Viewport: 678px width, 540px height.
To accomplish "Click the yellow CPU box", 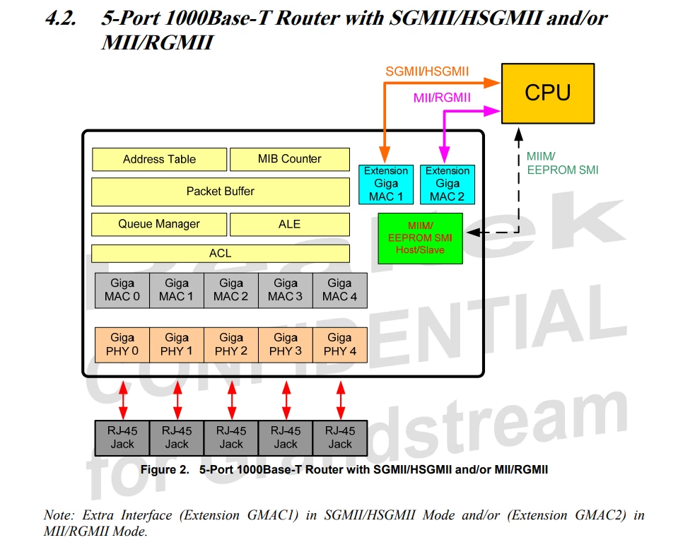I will (547, 93).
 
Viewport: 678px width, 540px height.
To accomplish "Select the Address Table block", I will (159, 159).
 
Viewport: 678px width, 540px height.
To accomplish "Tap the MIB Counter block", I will (289, 159).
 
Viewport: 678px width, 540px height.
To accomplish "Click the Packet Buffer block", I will (220, 192).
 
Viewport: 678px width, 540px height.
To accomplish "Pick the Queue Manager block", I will (159, 224).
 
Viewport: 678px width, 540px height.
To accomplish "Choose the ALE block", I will (289, 224).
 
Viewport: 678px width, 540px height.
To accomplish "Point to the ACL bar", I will (220, 253).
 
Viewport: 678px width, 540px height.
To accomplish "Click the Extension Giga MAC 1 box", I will (386, 184).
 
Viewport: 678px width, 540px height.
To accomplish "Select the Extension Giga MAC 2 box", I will (447, 184).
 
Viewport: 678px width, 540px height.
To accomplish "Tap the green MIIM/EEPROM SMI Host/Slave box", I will (420, 238).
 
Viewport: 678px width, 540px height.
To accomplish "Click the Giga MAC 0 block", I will (122, 290).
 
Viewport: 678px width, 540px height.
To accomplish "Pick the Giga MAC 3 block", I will (285, 290).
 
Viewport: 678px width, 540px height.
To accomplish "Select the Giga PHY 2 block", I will (231, 344).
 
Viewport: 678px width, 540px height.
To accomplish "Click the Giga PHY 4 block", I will (339, 344).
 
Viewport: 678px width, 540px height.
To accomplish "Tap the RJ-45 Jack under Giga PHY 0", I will (122, 438).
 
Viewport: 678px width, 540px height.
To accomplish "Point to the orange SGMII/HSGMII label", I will (427, 71).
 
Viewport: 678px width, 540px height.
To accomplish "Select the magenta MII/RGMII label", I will (442, 98).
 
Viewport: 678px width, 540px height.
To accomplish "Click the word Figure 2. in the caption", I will (165, 469).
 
